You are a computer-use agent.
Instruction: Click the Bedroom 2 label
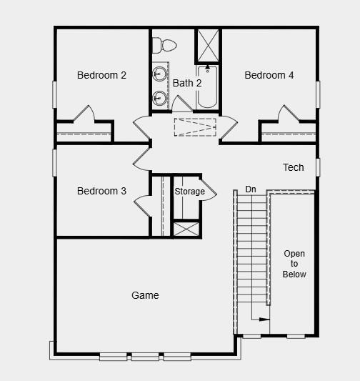(102, 75)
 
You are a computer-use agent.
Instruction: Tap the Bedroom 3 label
(102, 191)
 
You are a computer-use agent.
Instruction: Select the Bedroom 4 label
(269, 75)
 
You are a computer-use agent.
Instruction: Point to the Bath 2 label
(187, 83)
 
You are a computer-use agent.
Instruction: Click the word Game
(145, 295)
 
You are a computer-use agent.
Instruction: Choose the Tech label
(294, 167)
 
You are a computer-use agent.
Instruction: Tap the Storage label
(190, 192)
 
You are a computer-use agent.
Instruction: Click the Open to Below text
(294, 264)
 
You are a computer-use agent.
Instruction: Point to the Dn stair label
(251, 189)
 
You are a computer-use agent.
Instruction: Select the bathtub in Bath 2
(208, 86)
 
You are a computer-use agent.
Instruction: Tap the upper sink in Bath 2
(159, 73)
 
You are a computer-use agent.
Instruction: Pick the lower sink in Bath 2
(159, 97)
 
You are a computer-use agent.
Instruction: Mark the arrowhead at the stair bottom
(266, 320)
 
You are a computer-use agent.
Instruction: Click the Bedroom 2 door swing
(85, 114)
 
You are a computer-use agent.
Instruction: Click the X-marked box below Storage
(187, 229)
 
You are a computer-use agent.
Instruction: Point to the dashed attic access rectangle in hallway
(194, 126)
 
